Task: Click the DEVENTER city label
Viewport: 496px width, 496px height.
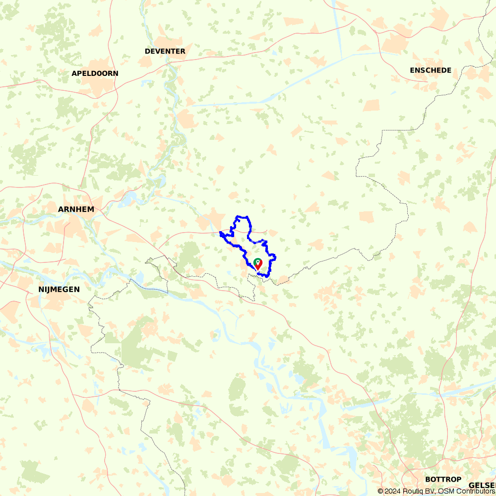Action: pos(165,52)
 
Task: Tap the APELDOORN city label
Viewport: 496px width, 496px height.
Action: pos(95,73)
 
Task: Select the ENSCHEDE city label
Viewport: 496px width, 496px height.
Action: pos(431,70)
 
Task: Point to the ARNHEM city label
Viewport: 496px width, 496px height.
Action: pos(76,209)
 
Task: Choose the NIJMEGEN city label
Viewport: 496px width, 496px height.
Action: pos(59,289)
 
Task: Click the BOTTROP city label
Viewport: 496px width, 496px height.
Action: pos(443,480)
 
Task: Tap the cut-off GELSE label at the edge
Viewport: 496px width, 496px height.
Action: pos(482,485)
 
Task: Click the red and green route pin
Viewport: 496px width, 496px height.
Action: pos(257,264)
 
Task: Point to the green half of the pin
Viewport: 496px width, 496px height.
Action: pos(256,262)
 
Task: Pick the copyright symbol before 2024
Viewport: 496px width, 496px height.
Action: pos(380,491)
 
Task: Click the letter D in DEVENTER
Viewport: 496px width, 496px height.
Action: pos(147,52)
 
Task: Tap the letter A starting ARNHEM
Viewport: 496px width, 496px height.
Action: pos(61,209)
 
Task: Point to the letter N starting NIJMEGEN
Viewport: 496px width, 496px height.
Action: pos(41,289)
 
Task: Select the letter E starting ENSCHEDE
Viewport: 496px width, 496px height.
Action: pos(412,70)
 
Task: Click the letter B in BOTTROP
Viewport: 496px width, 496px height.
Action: pos(428,480)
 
